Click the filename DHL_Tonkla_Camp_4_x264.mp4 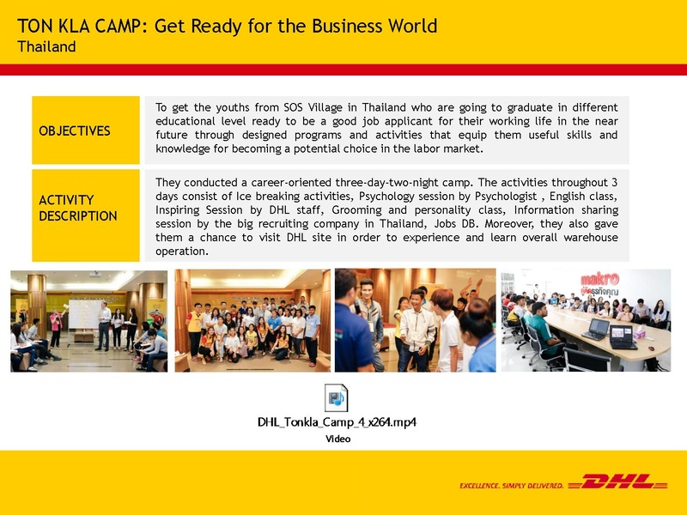coord(337,422)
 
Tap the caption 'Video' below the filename coord(337,439)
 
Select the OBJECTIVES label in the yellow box coord(75,131)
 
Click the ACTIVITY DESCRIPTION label coord(78,208)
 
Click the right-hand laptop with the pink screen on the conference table coord(621,336)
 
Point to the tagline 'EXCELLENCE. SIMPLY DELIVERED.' coord(512,486)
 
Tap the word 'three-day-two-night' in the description coord(396,182)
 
